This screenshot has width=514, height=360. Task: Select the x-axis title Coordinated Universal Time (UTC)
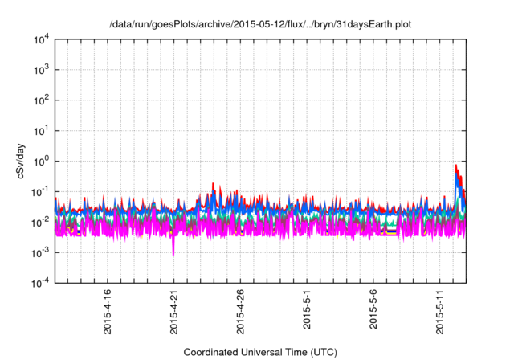pyautogui.click(x=260, y=352)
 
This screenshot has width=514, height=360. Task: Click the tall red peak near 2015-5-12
pyautogui.click(x=456, y=167)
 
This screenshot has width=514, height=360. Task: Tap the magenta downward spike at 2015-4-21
pyautogui.click(x=173, y=252)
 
